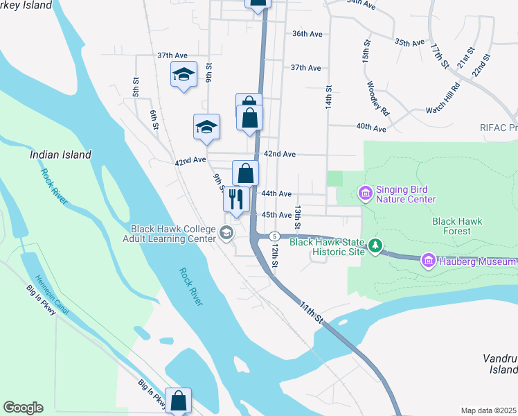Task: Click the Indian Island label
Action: point(61,155)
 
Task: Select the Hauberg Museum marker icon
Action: point(428,260)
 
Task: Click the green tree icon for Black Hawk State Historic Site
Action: point(375,245)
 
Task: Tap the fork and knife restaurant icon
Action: point(236,199)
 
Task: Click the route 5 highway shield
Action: point(274,236)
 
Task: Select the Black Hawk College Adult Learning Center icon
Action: point(226,234)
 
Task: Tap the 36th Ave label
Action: point(307,33)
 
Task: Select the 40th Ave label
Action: point(371,128)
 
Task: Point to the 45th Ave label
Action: point(276,215)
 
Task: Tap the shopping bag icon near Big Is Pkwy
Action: point(178,401)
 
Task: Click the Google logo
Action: point(23,408)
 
